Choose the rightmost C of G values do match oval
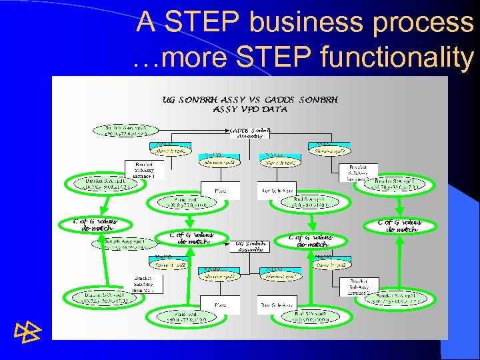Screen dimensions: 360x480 point(400,225)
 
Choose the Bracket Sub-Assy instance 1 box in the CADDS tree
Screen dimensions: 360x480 point(145,170)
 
